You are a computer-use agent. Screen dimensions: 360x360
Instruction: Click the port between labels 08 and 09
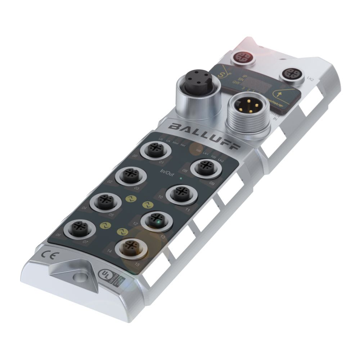[206, 167]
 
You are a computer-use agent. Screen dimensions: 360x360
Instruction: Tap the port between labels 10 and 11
[180, 194]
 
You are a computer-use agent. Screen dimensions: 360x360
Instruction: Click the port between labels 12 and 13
[156, 220]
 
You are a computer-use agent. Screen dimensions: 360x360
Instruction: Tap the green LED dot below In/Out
[181, 178]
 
